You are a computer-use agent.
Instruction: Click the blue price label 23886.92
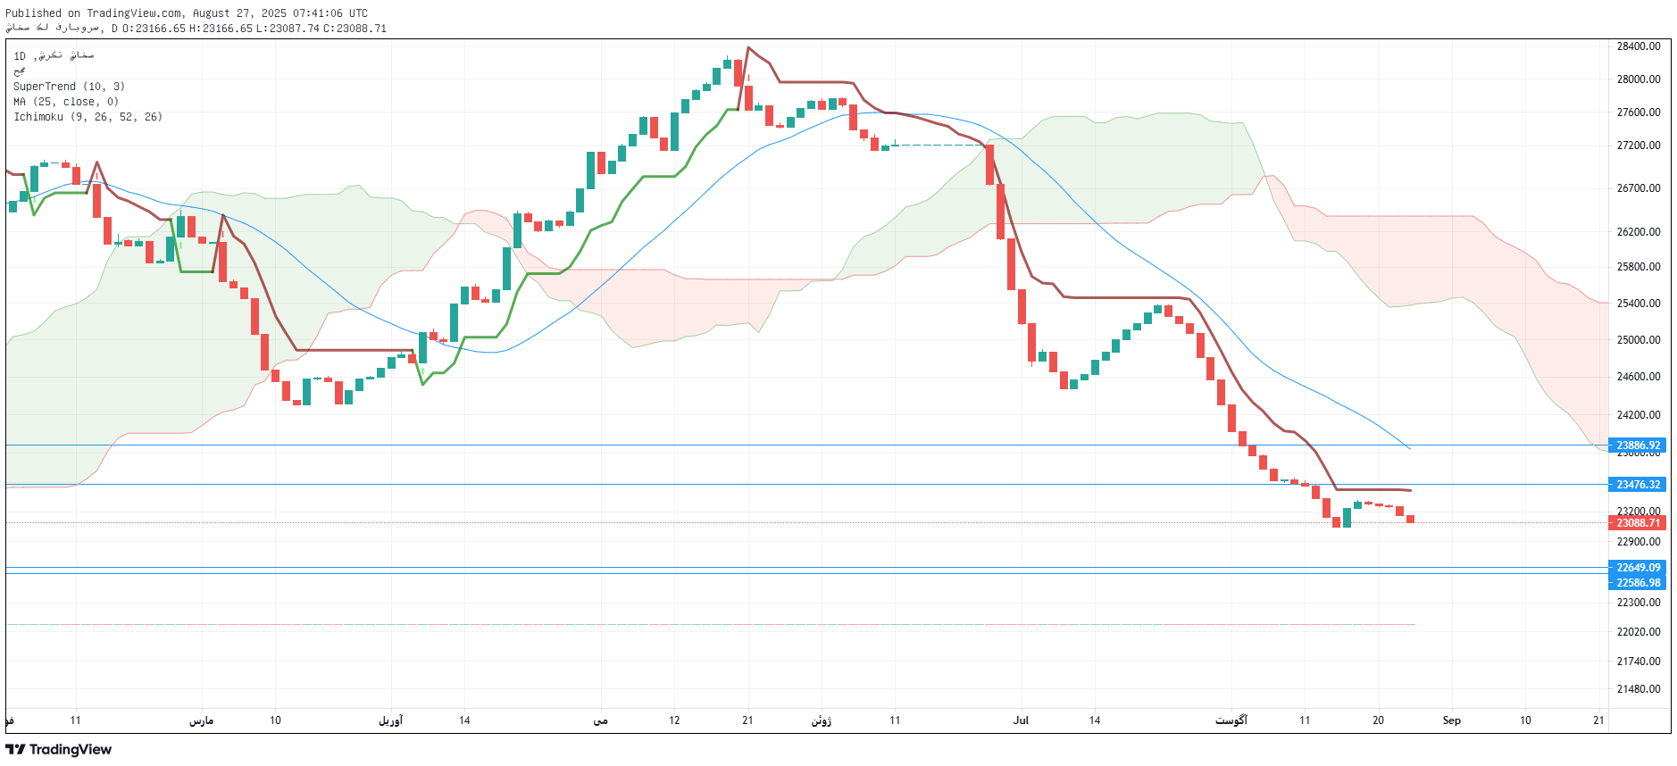[1638, 445]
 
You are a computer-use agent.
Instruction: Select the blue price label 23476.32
[1638, 485]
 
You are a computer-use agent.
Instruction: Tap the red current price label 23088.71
[1638, 523]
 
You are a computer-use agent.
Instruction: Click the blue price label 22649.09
[1638, 568]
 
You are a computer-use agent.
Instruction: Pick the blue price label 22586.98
[1638, 583]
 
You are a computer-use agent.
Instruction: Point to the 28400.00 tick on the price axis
[1638, 46]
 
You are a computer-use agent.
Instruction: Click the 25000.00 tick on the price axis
[1638, 340]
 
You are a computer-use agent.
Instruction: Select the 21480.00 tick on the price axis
[1638, 689]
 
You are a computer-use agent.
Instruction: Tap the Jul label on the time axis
[1021, 720]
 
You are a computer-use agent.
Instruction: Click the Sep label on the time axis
[1451, 720]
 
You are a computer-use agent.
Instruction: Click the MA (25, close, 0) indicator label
[66, 102]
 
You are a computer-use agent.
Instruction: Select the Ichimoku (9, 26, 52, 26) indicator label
[88, 117]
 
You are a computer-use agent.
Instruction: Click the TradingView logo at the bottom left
[59, 750]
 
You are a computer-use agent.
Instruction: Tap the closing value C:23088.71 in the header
[355, 29]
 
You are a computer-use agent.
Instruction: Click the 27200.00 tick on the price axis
[1638, 146]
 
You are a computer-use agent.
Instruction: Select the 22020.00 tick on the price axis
[1638, 632]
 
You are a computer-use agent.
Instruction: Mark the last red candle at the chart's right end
[1410, 519]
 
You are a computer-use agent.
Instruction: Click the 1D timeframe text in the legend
[20, 56]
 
